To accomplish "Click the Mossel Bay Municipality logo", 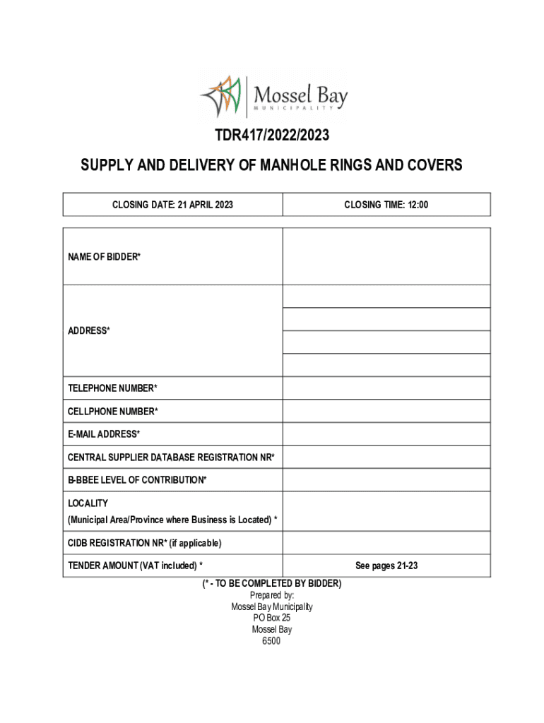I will pos(274,97).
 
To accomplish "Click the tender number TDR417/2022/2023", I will pos(272,134).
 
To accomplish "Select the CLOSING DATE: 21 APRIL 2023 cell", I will pos(172,205).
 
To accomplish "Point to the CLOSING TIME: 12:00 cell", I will pos(386,205).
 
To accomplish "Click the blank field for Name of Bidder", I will pos(386,256).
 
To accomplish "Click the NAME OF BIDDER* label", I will pos(104,257).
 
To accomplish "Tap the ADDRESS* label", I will pos(88,330).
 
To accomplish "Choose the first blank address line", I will pos(386,297).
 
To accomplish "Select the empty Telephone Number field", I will pos(386,388).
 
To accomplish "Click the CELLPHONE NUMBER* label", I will pos(112,412).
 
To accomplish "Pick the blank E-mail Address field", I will pos(386,434).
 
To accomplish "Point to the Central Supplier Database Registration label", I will pos(171,458).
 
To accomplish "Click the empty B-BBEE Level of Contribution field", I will pos(386,480).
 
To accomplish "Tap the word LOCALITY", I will pos(88,503).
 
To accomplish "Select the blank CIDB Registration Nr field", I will pos(386,543).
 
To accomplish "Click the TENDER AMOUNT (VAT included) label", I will pos(135,566).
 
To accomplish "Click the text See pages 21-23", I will pos(386,566).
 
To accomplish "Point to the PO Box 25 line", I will pos(272,618).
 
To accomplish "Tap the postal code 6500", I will pos(271,641).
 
